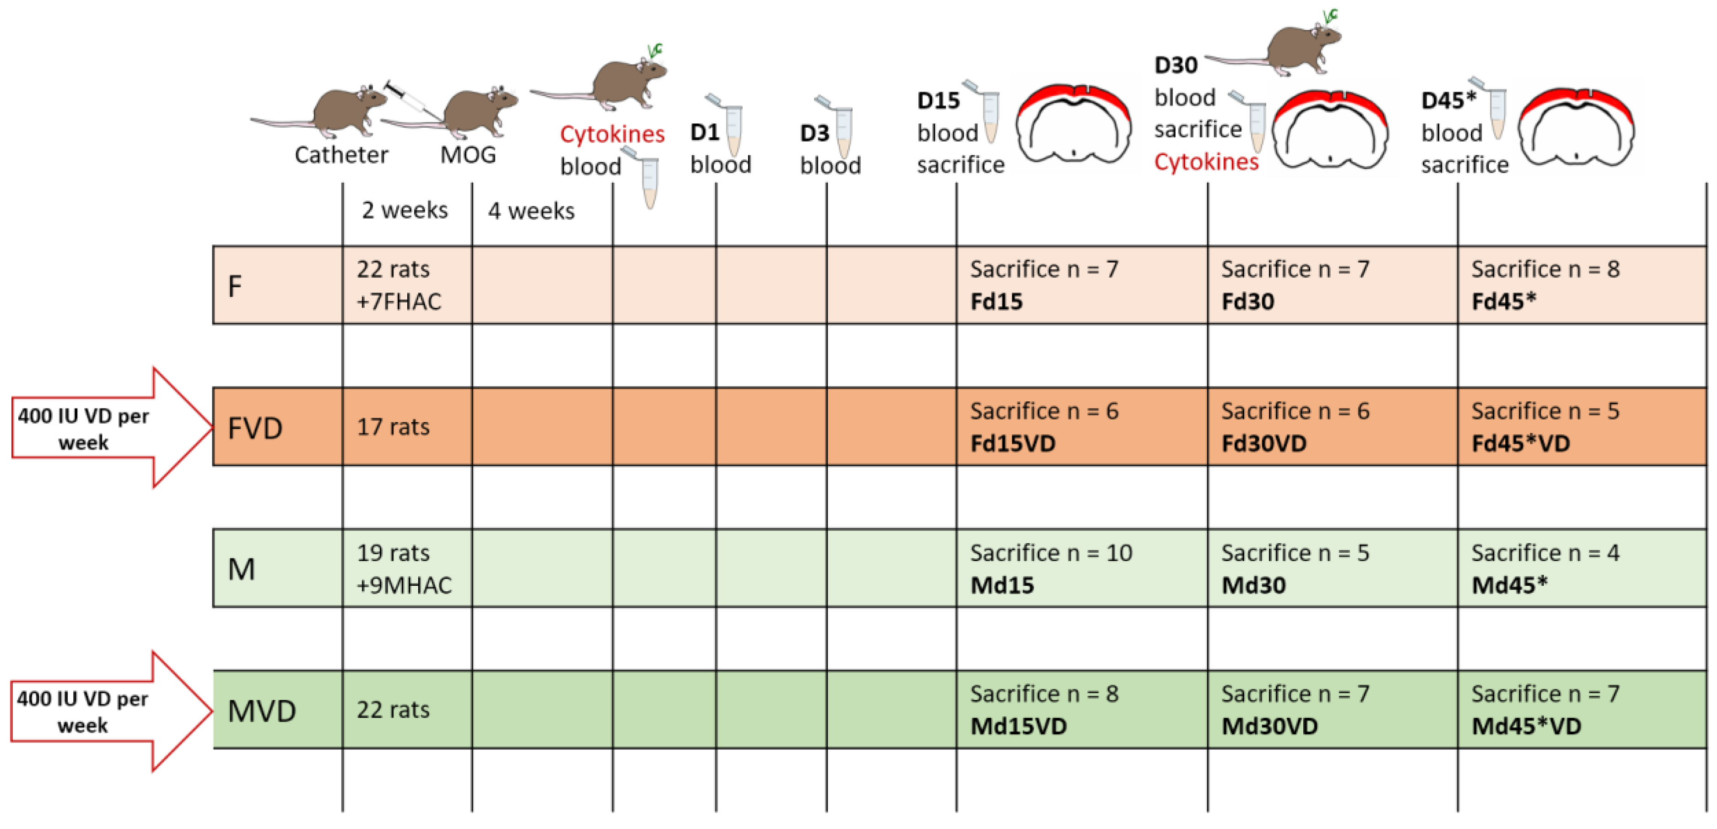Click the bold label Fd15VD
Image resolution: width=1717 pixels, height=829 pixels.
(x=1012, y=443)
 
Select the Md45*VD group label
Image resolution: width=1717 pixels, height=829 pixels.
(x=1526, y=726)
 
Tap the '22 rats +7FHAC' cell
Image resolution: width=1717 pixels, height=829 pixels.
(x=399, y=285)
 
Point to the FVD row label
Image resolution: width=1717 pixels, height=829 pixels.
(x=255, y=427)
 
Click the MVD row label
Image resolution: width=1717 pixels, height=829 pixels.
(x=261, y=711)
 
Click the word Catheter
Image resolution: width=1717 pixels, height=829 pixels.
(x=341, y=155)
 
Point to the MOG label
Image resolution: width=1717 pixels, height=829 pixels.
(x=468, y=155)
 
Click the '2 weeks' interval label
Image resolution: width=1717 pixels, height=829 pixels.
(x=405, y=211)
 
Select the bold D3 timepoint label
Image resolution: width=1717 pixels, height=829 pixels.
(x=815, y=133)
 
